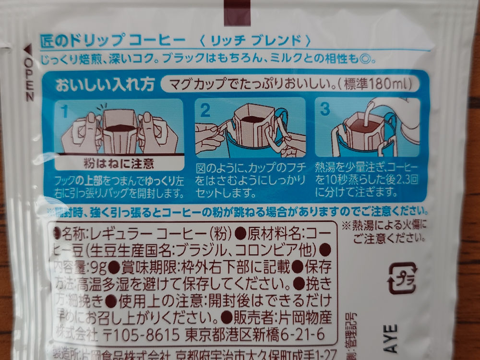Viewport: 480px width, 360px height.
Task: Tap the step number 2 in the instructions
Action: point(205,110)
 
